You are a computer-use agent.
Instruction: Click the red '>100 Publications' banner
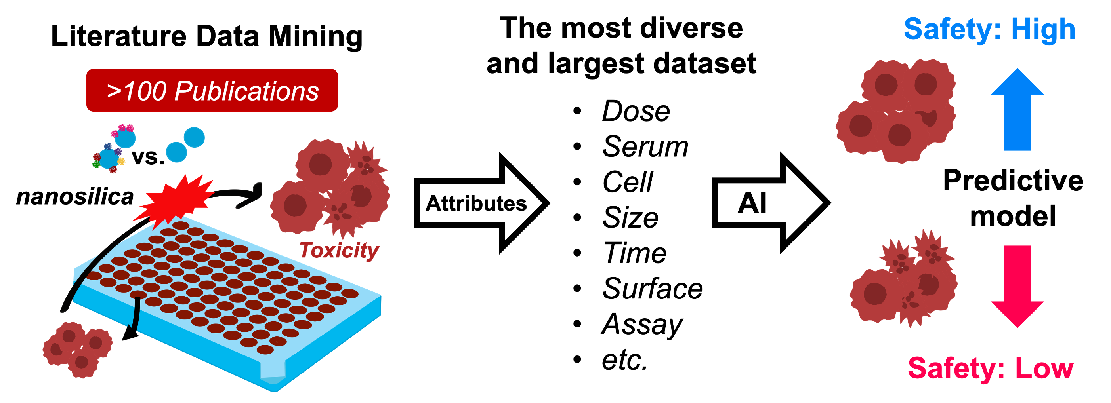(212, 90)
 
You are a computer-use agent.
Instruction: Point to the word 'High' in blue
(1043, 29)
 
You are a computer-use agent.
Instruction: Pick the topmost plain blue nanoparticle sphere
(194, 137)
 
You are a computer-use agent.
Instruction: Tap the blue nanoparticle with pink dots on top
(125, 137)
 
